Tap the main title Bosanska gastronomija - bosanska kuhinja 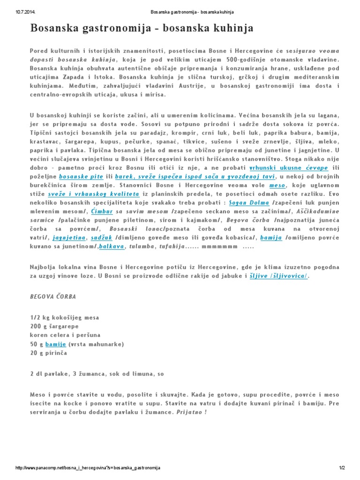pos(142,29)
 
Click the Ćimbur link pos(102,211)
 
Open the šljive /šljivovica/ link pos(278,276)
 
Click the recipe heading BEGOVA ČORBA pos(53,297)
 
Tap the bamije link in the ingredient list pos(55,344)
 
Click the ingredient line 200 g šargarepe pos(54,326)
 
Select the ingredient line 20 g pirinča pos(48,353)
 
